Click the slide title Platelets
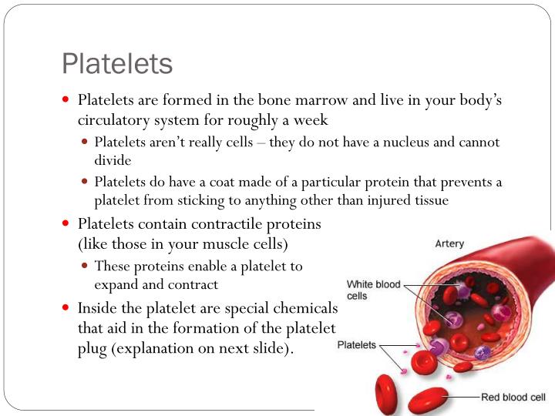[x=117, y=63]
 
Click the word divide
[x=113, y=161]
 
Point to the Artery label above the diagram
[x=449, y=244]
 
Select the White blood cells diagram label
[x=373, y=290]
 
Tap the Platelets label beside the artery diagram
[x=357, y=345]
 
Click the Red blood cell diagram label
[x=513, y=398]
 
